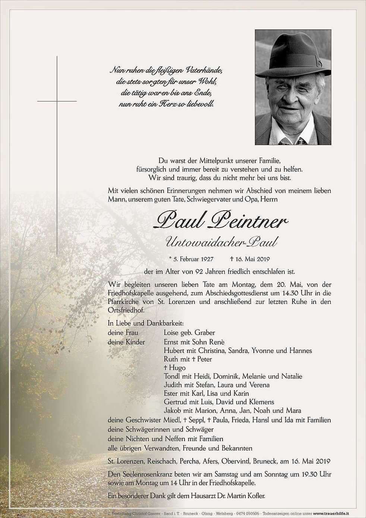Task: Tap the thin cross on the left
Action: point(57,101)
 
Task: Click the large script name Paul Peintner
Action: point(220,223)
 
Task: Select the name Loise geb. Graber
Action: point(189,332)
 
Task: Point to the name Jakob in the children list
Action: point(173,411)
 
